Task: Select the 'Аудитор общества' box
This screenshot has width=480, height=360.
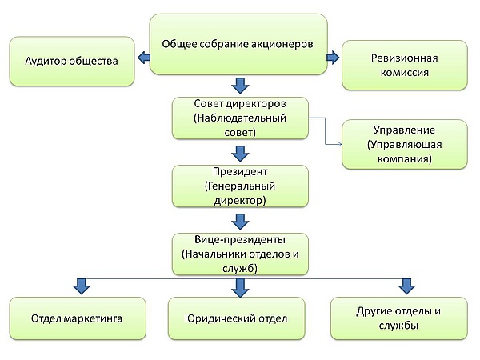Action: (x=72, y=62)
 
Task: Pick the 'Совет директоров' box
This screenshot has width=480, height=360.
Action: (x=241, y=118)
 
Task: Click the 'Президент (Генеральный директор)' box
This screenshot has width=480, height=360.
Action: (x=241, y=186)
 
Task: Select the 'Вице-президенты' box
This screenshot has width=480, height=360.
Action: (x=241, y=254)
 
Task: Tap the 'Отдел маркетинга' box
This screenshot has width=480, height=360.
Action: (x=77, y=318)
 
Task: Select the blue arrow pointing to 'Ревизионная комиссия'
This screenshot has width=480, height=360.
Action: (x=334, y=57)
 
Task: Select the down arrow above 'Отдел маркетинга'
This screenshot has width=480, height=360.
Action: (x=80, y=285)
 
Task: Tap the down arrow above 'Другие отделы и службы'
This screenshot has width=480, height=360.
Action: (x=406, y=285)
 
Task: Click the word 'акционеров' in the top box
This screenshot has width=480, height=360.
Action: (x=276, y=44)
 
